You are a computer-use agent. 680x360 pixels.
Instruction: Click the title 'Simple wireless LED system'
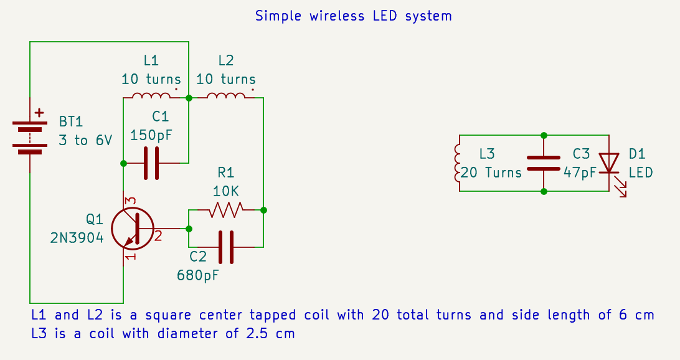(x=353, y=16)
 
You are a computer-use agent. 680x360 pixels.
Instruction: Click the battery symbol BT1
(x=30, y=136)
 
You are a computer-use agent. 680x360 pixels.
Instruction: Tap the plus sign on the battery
(x=40, y=113)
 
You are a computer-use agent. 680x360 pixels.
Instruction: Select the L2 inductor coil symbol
(x=225, y=96)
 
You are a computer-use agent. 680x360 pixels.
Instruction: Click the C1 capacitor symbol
(x=151, y=163)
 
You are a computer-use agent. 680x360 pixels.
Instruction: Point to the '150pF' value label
(x=151, y=135)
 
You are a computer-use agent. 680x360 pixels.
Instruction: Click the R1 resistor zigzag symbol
(x=225, y=210)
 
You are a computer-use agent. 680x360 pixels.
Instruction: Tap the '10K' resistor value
(x=225, y=191)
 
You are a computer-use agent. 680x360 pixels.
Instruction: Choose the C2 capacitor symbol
(x=225, y=247)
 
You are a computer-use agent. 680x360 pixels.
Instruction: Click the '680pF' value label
(x=198, y=274)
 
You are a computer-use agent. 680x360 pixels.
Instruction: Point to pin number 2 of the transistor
(x=158, y=236)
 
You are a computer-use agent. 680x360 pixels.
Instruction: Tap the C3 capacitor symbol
(x=544, y=163)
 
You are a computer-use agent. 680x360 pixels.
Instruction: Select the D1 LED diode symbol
(x=608, y=164)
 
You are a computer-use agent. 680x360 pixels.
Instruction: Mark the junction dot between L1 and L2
(x=189, y=98)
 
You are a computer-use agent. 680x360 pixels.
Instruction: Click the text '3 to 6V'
(x=85, y=140)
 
